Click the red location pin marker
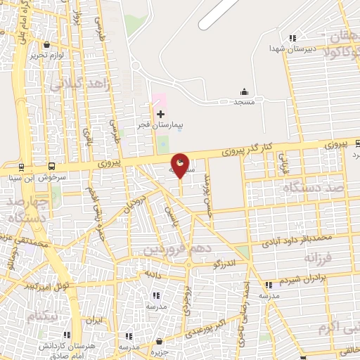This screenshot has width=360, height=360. (181, 165)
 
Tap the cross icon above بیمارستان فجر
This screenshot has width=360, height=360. (160, 114)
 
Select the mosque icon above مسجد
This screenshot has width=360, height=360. (244, 91)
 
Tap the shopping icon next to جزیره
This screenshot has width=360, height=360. (160, 340)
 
